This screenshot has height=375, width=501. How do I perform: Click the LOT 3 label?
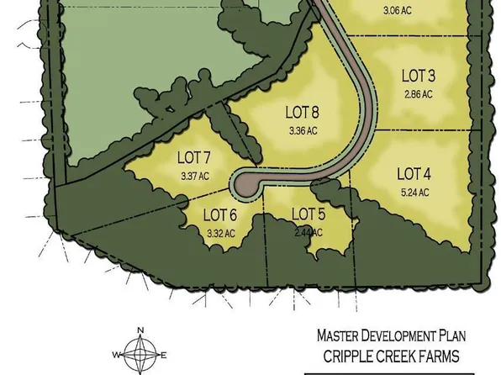[419, 76]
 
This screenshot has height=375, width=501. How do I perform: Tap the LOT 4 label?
[414, 174]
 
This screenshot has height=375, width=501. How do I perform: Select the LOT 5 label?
[308, 214]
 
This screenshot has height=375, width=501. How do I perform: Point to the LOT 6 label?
[220, 215]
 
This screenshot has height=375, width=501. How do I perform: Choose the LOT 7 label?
[193, 157]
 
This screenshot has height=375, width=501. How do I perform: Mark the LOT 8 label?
[302, 112]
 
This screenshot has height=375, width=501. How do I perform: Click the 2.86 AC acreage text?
[418, 94]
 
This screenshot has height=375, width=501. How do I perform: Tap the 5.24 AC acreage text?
[414, 193]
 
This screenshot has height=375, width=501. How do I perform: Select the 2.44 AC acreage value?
[309, 231]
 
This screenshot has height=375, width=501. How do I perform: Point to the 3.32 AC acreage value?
[219, 233]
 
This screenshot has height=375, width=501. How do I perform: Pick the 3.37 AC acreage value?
[193, 176]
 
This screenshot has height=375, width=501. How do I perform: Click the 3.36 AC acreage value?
[303, 130]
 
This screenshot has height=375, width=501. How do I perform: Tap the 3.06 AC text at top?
[397, 11]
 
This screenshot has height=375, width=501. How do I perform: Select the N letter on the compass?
[141, 330]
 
